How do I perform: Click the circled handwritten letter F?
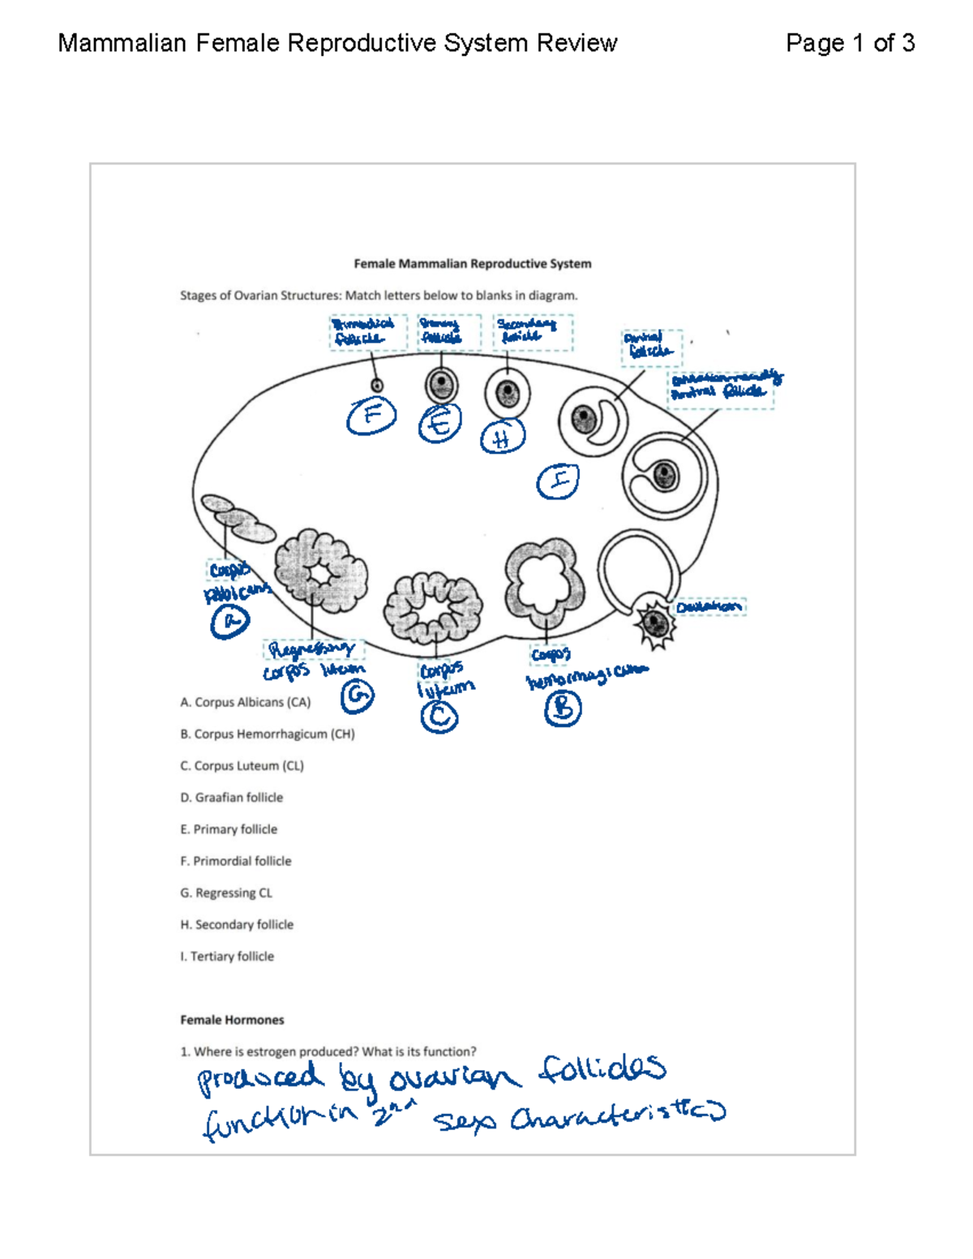[x=371, y=416]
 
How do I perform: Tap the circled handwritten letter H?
[x=502, y=438]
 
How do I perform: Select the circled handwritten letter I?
[x=559, y=482]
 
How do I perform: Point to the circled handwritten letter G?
[x=357, y=696]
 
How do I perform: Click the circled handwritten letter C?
[x=439, y=717]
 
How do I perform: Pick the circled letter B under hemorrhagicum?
[x=563, y=709]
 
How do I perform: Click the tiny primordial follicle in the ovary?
[x=376, y=386]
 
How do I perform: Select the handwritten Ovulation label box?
[x=709, y=606]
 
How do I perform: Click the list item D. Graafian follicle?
[x=232, y=798]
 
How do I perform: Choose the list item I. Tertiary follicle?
[x=227, y=957]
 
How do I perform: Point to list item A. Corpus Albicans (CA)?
[x=245, y=702]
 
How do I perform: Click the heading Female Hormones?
[x=232, y=1020]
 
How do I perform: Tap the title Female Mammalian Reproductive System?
[x=472, y=263]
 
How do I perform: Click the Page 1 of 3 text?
[x=850, y=43]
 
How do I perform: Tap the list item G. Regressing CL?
[x=226, y=893]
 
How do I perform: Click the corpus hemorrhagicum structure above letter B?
[x=545, y=582]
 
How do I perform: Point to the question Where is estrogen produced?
[x=328, y=1051]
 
